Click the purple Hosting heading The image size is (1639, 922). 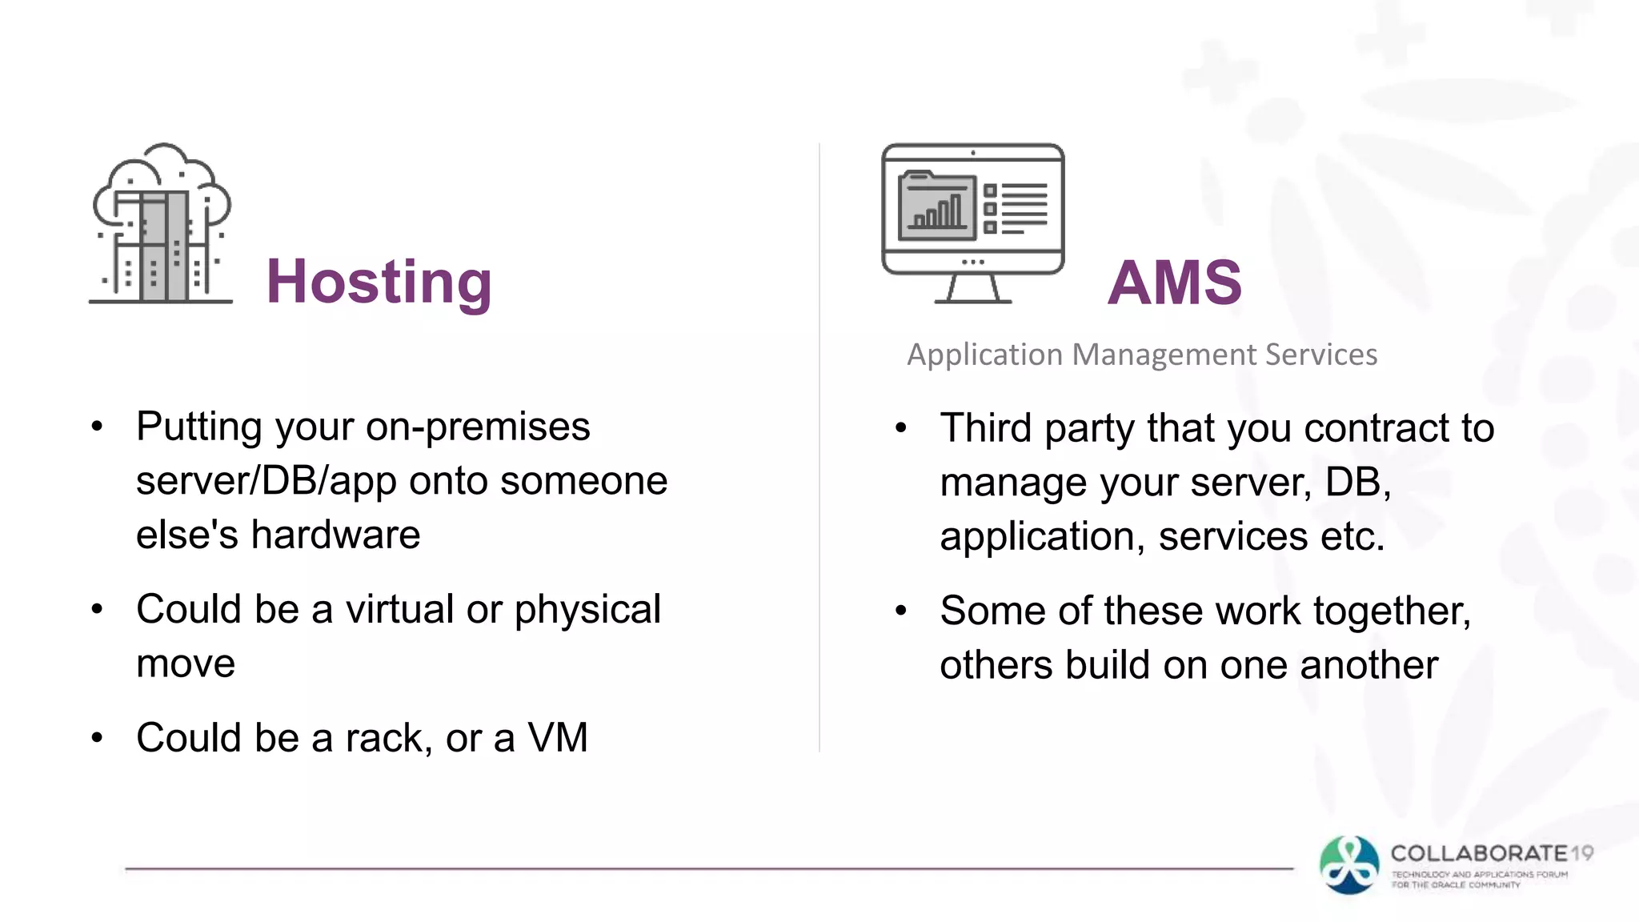point(379,283)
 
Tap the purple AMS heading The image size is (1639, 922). point(1174,283)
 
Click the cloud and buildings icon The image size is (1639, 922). point(162,223)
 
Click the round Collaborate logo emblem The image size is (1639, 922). point(1349,864)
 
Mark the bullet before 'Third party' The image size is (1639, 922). point(900,429)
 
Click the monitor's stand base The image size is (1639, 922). point(972,299)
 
